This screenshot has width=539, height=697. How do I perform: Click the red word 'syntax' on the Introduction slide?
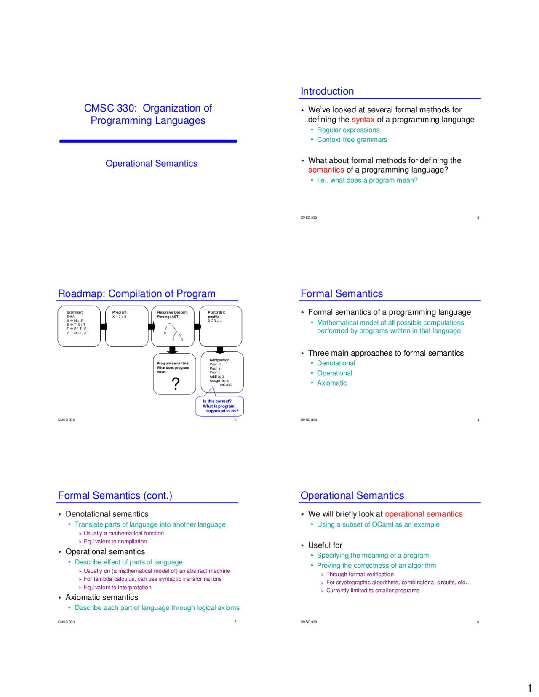pyautogui.click(x=363, y=120)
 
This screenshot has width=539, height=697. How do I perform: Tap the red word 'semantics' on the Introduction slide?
pyautogui.click(x=326, y=170)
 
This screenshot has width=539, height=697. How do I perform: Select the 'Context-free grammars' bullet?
pyautogui.click(x=352, y=140)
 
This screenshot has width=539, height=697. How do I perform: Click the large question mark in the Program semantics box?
pyautogui.click(x=176, y=383)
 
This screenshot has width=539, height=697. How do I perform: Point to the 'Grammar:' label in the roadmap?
pyautogui.click(x=75, y=312)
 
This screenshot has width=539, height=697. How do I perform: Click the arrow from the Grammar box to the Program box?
pyautogui.click(x=103, y=327)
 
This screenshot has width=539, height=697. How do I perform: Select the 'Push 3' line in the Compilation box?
pyautogui.click(x=215, y=372)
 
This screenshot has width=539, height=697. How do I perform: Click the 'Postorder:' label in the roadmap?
pyautogui.click(x=216, y=312)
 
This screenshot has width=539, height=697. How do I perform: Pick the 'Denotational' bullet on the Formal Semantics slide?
pyautogui.click(x=336, y=363)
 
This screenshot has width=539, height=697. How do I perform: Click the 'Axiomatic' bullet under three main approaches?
pyautogui.click(x=331, y=383)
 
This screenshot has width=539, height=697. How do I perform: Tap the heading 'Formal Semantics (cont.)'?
pyautogui.click(x=115, y=495)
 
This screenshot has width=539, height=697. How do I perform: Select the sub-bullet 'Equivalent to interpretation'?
pyautogui.click(x=117, y=588)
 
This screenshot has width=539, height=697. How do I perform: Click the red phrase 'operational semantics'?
pyautogui.click(x=423, y=514)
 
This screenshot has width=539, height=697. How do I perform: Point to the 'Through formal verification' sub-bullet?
pyautogui.click(x=360, y=574)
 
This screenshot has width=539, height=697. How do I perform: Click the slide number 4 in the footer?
pyautogui.click(x=478, y=420)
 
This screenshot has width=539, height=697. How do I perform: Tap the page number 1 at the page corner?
pyautogui.click(x=529, y=689)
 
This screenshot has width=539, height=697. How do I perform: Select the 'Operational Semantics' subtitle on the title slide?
pyautogui.click(x=151, y=163)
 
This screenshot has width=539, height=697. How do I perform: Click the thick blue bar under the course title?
pyautogui.click(x=148, y=141)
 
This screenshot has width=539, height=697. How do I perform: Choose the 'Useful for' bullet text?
pyautogui.click(x=325, y=545)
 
